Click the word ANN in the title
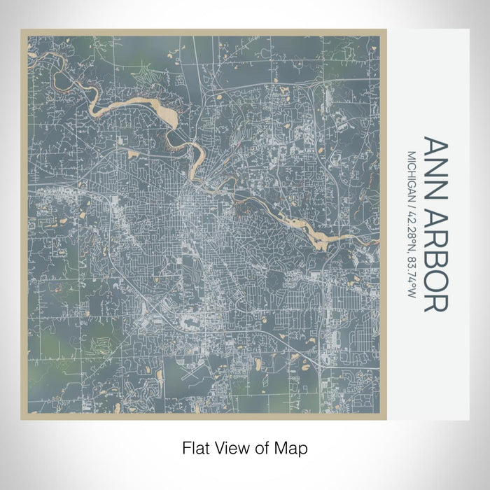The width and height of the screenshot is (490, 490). pos(437,162)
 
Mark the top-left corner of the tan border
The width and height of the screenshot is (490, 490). pos(22,31)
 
